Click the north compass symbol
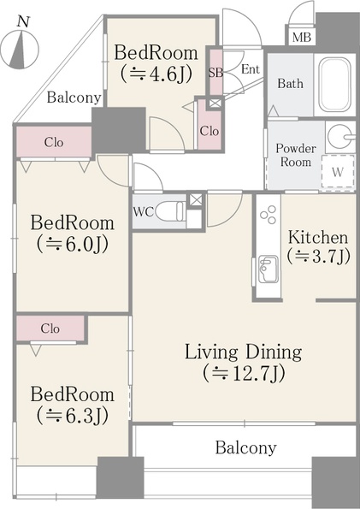pos(20,50)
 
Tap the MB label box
pos(302,38)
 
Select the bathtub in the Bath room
pos(334,85)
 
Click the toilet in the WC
pos(171,211)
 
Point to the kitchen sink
pos(269,269)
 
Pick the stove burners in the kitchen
pos(269,215)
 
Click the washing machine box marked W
pos(338,171)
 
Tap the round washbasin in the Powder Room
pos(339,136)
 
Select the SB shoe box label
pos(215,73)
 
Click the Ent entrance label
pos(251,69)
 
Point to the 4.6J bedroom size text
pos(156,74)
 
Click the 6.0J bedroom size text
pos(72,245)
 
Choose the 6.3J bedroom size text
pos(72,416)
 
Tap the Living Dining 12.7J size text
pos(244,373)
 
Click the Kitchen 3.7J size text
pos(318,257)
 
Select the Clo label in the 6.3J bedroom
pos(50,328)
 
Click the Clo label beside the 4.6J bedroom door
pos(209,131)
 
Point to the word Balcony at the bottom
pos(245,447)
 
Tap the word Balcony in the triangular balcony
pos(74,98)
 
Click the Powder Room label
pos(295,155)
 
